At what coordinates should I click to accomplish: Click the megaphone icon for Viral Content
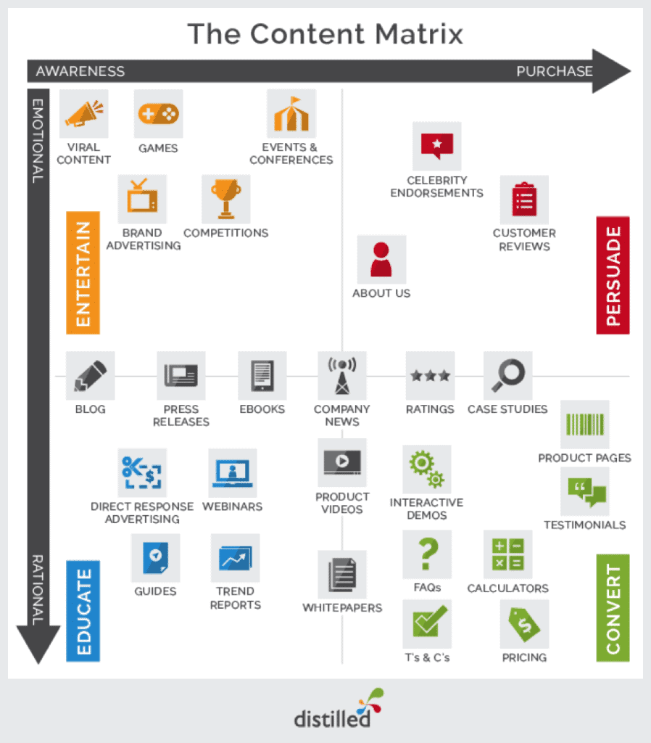[83, 114]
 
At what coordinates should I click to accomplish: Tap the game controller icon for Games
[158, 114]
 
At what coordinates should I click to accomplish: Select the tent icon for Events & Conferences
[291, 114]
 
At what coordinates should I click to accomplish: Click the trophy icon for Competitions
[225, 199]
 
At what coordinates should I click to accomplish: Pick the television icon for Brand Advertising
[142, 199]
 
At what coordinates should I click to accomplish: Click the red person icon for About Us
[381, 259]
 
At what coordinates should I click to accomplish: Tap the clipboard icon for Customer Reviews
[523, 200]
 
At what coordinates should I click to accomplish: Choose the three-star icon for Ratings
[430, 376]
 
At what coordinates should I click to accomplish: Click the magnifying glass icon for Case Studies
[507, 376]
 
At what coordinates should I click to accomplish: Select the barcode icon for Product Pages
[584, 424]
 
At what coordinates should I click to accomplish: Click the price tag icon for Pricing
[523, 623]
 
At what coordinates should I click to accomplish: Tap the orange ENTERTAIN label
[83, 273]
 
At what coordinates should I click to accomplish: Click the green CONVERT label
[613, 608]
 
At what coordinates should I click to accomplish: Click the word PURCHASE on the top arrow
[554, 71]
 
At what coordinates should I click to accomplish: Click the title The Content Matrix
[325, 34]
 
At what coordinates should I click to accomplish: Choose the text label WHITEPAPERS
[342, 607]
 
